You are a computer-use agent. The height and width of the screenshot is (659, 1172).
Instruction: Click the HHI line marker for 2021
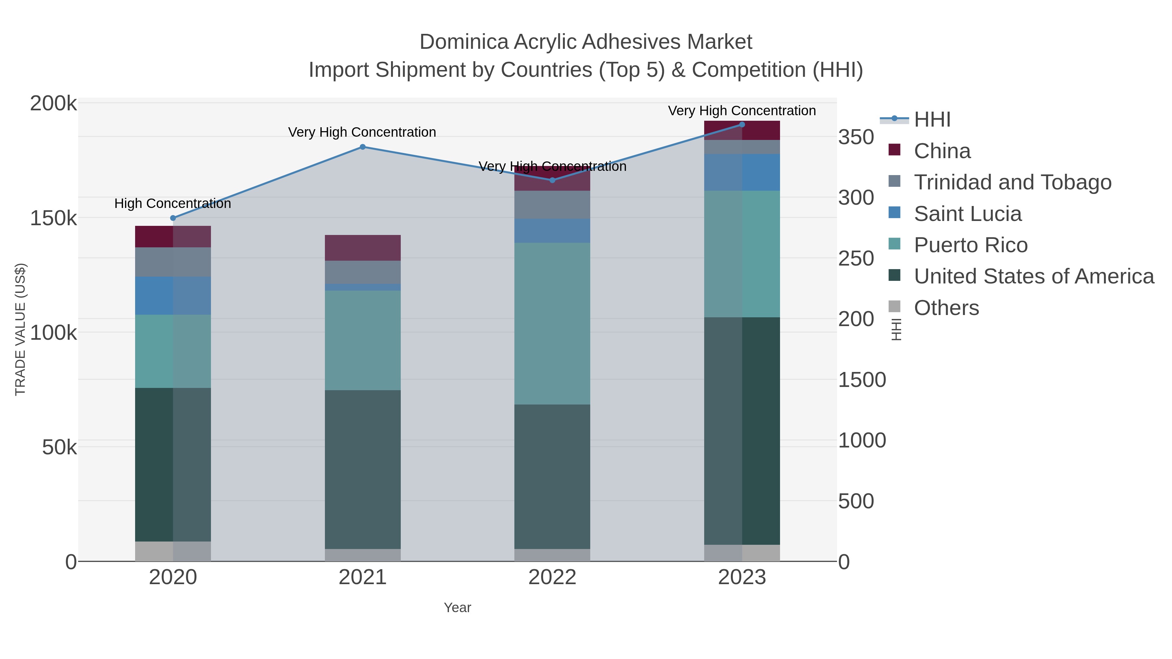coord(363,147)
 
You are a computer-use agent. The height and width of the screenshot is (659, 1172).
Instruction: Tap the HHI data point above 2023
coord(742,125)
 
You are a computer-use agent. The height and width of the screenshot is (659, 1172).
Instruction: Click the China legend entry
coord(942,151)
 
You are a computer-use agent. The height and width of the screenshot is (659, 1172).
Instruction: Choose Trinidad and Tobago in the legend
coord(1012,182)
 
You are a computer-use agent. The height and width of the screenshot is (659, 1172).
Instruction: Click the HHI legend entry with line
coord(932,120)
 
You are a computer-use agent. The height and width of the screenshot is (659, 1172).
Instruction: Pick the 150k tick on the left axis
coord(53,218)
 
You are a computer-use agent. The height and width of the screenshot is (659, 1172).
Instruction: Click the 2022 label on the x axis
coord(552,578)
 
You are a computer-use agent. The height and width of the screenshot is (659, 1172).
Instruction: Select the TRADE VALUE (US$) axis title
coord(21,329)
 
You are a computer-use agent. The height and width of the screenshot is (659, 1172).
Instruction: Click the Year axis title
coord(457,608)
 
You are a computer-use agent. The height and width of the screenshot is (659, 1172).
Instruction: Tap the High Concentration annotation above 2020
coord(173,203)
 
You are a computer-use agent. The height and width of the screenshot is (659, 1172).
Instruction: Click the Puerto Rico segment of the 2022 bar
coord(552,323)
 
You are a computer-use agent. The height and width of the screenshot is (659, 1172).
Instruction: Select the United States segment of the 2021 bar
coord(363,469)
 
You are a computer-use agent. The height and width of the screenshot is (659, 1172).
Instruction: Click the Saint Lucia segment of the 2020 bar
coord(173,295)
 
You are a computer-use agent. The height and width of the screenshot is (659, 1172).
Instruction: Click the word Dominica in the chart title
coord(464,42)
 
